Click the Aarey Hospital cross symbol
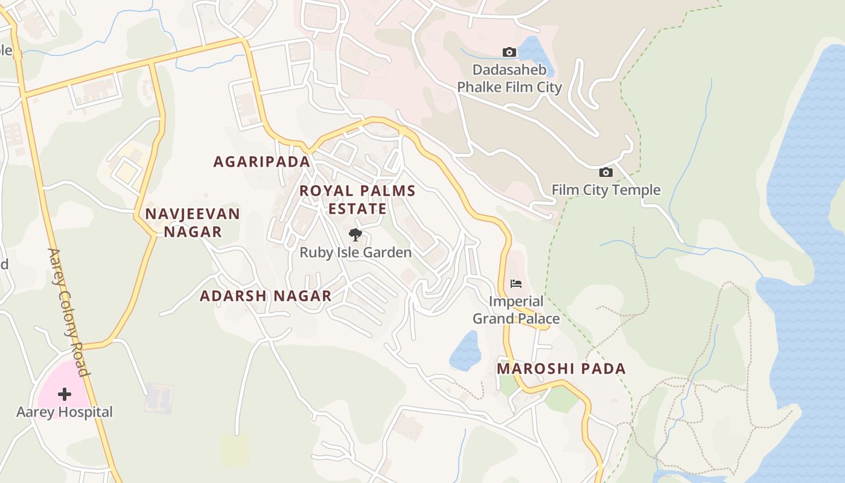click(x=65, y=394)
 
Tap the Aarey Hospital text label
click(x=65, y=412)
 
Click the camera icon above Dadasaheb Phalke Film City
click(x=509, y=53)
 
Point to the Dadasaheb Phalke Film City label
click(x=509, y=78)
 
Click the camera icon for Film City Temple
click(x=606, y=173)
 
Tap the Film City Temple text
click(x=606, y=190)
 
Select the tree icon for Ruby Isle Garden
click(x=356, y=235)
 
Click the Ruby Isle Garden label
click(x=356, y=252)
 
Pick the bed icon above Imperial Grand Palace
click(x=515, y=283)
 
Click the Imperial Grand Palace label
click(x=515, y=310)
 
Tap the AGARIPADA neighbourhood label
click(x=262, y=162)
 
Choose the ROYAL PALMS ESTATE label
click(x=357, y=200)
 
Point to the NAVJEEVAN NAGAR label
click(x=193, y=223)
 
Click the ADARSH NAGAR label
click(x=266, y=296)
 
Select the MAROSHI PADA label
click(x=561, y=369)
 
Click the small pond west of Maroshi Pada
click(x=465, y=351)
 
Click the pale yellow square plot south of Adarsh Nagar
click(x=234, y=450)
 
